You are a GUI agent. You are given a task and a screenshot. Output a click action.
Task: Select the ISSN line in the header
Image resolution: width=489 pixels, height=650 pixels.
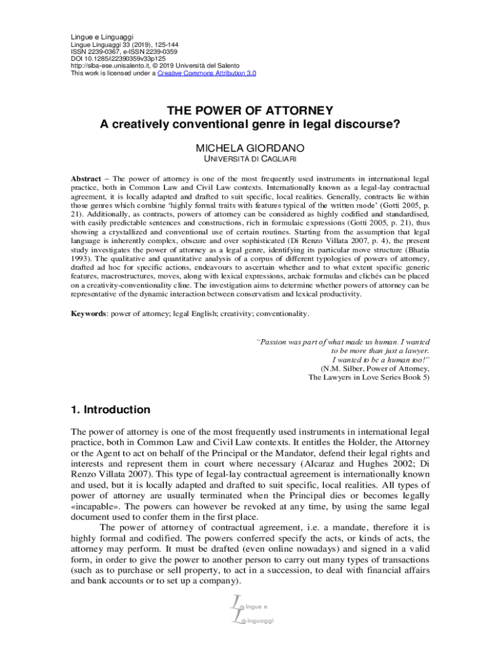tap(123, 52)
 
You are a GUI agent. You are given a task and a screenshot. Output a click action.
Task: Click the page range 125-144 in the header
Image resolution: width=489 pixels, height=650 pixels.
tap(164, 44)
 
